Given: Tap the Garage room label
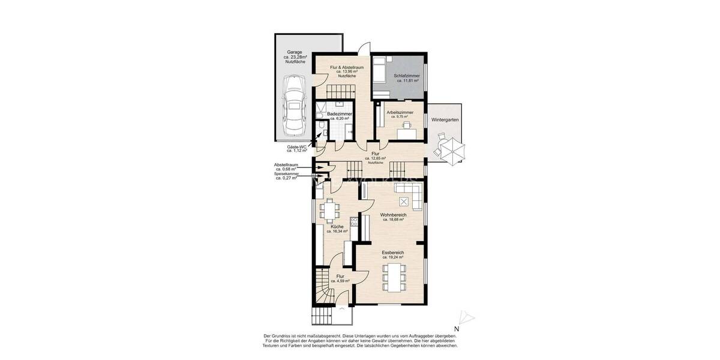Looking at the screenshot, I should pos(294,57).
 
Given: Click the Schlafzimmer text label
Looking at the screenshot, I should pos(406,76).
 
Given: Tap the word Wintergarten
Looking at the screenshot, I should pos(445,120).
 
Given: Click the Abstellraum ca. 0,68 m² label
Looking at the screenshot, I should pos(286,166).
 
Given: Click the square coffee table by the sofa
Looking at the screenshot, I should pos(403,200).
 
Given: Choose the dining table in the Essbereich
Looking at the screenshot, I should pos(393,276).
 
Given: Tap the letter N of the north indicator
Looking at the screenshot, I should pos(457,329).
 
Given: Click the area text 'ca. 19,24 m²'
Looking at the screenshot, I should pos(393,258).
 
